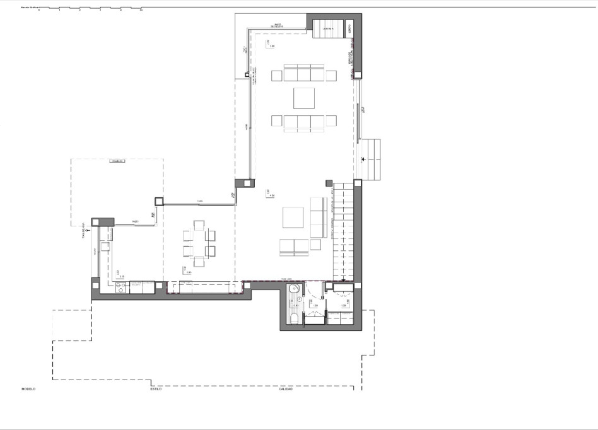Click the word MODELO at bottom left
coord(28,389)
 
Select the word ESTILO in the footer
coord(156,389)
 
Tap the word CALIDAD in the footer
coord(286,389)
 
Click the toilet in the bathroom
coord(294,318)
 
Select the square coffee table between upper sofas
coord(303,98)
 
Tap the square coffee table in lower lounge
coord(294,217)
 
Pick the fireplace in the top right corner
coord(329,28)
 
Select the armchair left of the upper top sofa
coord(276,76)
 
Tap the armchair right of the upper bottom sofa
coord(331,121)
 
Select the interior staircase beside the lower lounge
coord(344,230)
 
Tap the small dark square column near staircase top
coord(329,183)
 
